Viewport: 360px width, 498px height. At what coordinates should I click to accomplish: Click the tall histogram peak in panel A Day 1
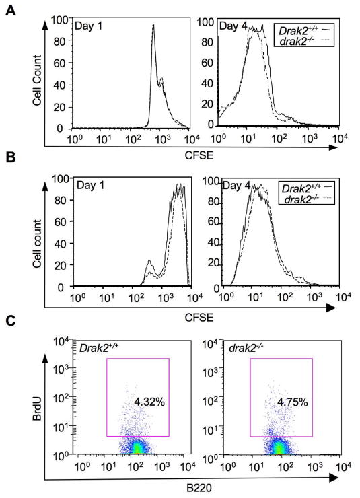(x=153, y=27)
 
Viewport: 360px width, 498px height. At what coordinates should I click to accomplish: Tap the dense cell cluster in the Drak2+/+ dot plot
(x=137, y=447)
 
